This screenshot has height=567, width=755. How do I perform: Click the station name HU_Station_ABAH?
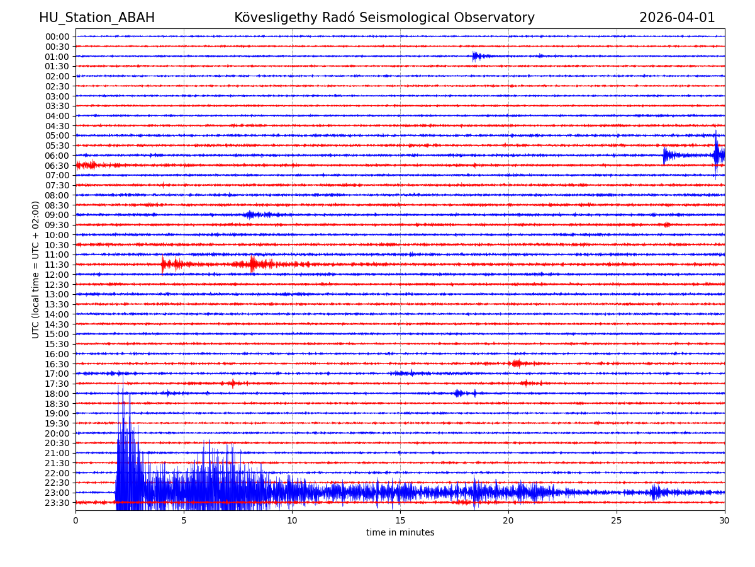click(97, 18)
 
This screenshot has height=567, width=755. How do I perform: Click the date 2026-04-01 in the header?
click(677, 18)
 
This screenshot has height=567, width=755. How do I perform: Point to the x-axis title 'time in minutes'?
click(400, 533)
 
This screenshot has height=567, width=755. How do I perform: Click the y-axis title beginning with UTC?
click(36, 270)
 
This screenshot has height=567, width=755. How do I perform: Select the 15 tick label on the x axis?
click(400, 521)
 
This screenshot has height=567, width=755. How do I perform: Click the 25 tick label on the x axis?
click(617, 521)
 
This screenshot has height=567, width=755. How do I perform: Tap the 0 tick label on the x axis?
click(75, 521)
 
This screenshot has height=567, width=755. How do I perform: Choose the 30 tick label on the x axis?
click(725, 521)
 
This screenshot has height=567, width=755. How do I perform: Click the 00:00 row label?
click(57, 37)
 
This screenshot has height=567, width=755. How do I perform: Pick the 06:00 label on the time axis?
click(57, 156)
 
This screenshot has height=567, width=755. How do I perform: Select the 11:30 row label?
click(57, 265)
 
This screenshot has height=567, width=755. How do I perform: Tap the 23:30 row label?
click(57, 503)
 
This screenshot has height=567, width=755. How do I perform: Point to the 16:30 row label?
click(57, 364)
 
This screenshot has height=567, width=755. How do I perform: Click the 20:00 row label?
click(57, 433)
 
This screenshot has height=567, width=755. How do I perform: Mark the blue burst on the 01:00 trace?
click(477, 56)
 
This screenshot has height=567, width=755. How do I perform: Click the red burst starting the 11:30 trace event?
click(165, 265)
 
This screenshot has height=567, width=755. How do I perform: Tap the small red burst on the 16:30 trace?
click(517, 364)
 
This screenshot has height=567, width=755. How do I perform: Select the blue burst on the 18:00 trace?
click(459, 393)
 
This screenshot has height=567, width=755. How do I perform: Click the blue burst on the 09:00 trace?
click(250, 215)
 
